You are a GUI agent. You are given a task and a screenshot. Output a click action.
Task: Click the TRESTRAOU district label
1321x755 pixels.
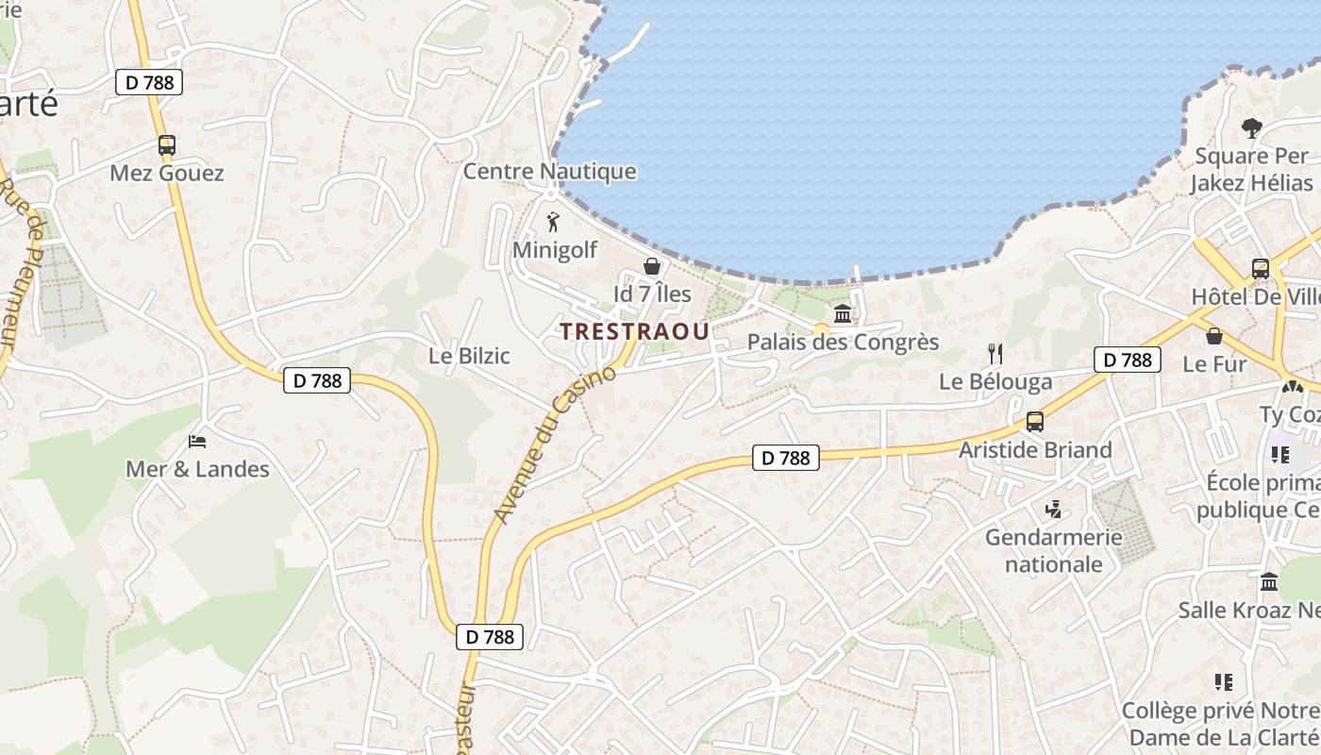tap(634, 331)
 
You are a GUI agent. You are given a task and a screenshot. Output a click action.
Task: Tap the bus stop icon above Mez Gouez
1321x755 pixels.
tap(167, 145)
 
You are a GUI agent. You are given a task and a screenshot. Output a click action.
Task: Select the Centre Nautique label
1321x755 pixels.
tap(549, 172)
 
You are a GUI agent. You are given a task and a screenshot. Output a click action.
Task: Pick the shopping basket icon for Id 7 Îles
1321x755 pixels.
tap(651, 267)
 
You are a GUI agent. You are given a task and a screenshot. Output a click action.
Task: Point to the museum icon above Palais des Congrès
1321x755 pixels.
tap(843, 314)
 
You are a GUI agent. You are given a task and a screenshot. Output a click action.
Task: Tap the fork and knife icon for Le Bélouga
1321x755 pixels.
tap(995, 354)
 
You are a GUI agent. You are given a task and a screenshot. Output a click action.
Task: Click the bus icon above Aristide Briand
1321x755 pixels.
tap(1035, 422)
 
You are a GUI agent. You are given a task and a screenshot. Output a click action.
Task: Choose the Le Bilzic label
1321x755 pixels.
tap(469, 356)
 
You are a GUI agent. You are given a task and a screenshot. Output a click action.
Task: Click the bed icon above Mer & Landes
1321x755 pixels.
tap(197, 441)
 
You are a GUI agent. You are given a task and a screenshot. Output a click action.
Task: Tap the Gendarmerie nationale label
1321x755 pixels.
tap(1054, 551)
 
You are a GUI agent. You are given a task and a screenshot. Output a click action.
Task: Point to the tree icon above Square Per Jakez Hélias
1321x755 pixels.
tap(1251, 127)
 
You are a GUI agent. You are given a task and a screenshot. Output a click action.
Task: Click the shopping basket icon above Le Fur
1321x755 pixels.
tap(1214, 336)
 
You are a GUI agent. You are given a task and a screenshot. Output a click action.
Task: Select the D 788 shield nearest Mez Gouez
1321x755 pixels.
tap(149, 82)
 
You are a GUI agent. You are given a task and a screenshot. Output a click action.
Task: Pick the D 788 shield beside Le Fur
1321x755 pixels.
tap(1128, 360)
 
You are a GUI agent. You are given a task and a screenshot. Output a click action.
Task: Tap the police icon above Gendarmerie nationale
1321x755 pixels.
tap(1054, 510)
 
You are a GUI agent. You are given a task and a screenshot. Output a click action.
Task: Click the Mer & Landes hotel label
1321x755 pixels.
tap(197, 469)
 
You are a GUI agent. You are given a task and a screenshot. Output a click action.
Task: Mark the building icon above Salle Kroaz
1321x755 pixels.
tap(1269, 582)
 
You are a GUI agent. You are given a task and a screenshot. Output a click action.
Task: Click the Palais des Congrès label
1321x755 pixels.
tap(843, 342)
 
